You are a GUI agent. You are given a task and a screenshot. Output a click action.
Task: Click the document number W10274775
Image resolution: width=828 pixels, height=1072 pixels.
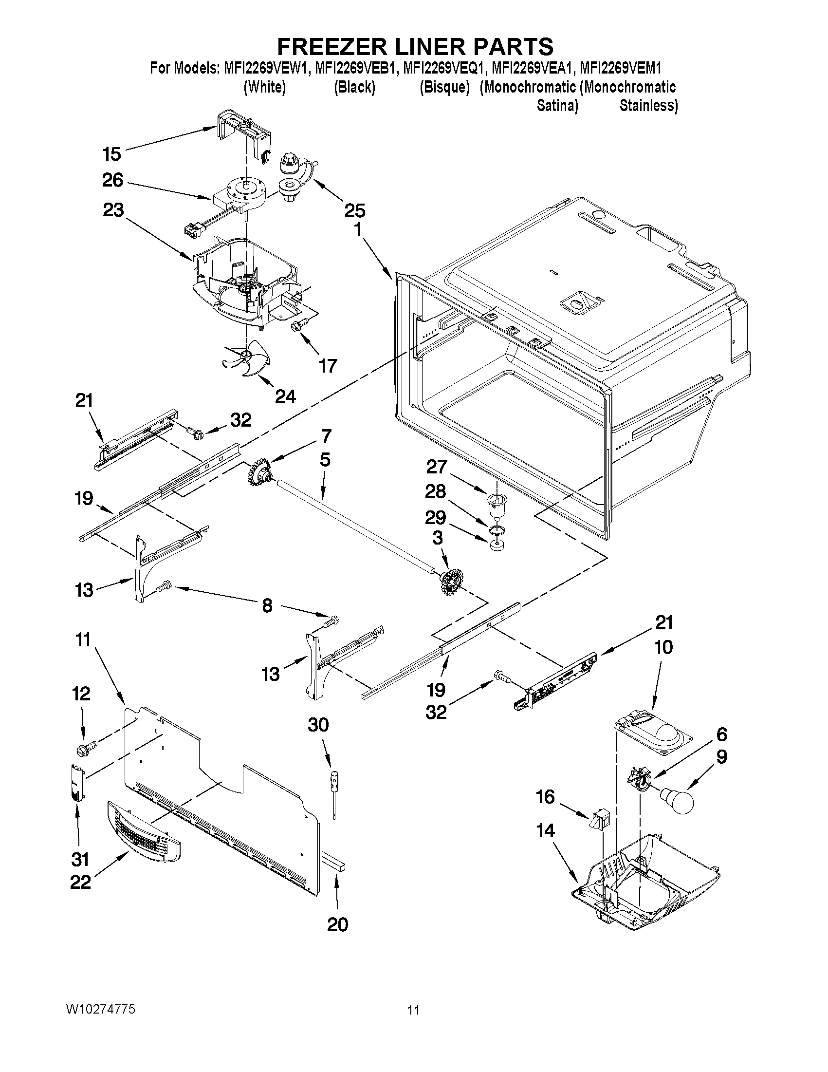pos(101,1009)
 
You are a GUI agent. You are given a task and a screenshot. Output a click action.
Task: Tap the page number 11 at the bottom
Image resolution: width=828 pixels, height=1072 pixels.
pos(413,1010)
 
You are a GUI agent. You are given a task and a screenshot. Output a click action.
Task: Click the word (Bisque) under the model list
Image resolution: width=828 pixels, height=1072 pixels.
pos(444,87)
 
